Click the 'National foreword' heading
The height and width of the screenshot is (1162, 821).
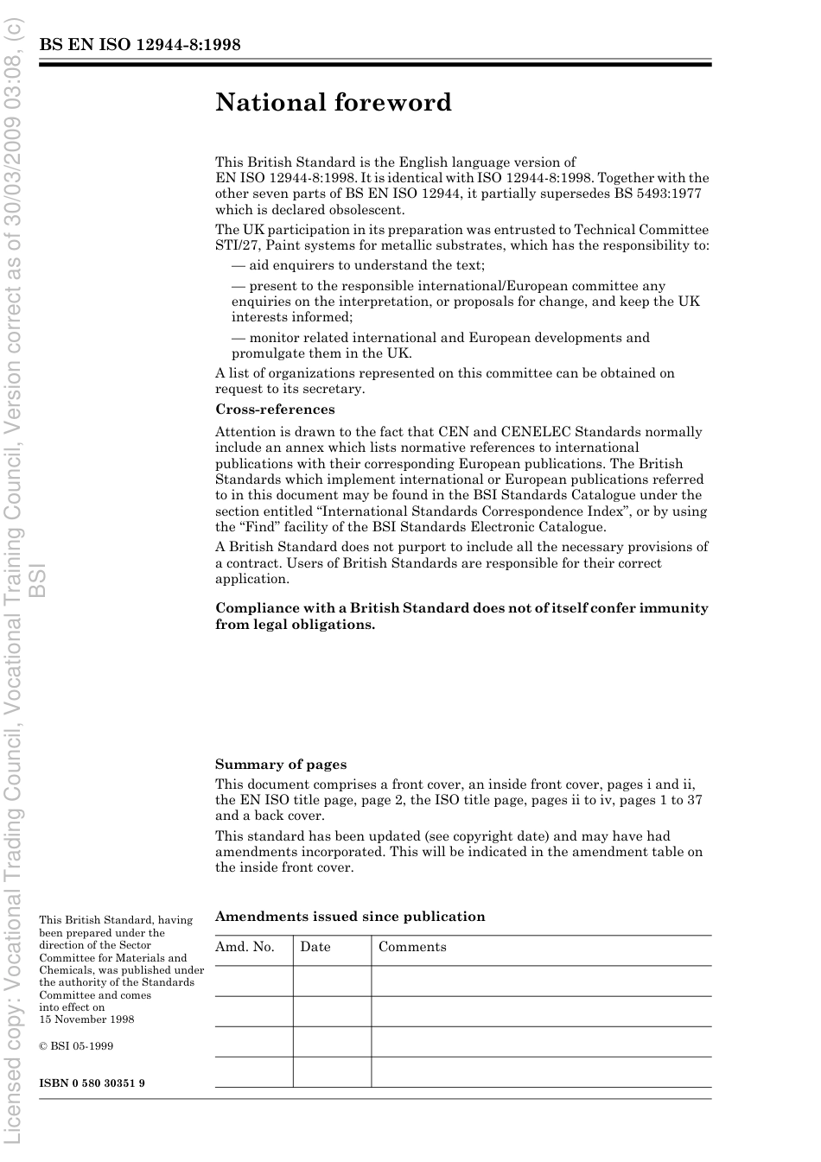(x=334, y=103)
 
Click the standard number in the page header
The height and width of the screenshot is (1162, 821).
(x=140, y=45)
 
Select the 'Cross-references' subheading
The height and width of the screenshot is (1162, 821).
(x=275, y=410)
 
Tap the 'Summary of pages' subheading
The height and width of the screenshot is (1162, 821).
(x=281, y=765)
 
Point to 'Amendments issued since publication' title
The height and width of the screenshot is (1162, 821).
(x=350, y=917)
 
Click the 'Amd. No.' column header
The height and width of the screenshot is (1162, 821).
(x=245, y=947)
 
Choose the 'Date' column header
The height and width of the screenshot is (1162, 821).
(x=315, y=947)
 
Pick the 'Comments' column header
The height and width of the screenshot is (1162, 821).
(x=412, y=947)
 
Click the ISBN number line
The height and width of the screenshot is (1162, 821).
(x=92, y=1083)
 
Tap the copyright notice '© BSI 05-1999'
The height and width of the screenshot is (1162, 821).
(x=76, y=1046)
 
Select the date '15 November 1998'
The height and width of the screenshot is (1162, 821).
(x=86, y=1019)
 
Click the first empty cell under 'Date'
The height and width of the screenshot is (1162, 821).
(x=332, y=981)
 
